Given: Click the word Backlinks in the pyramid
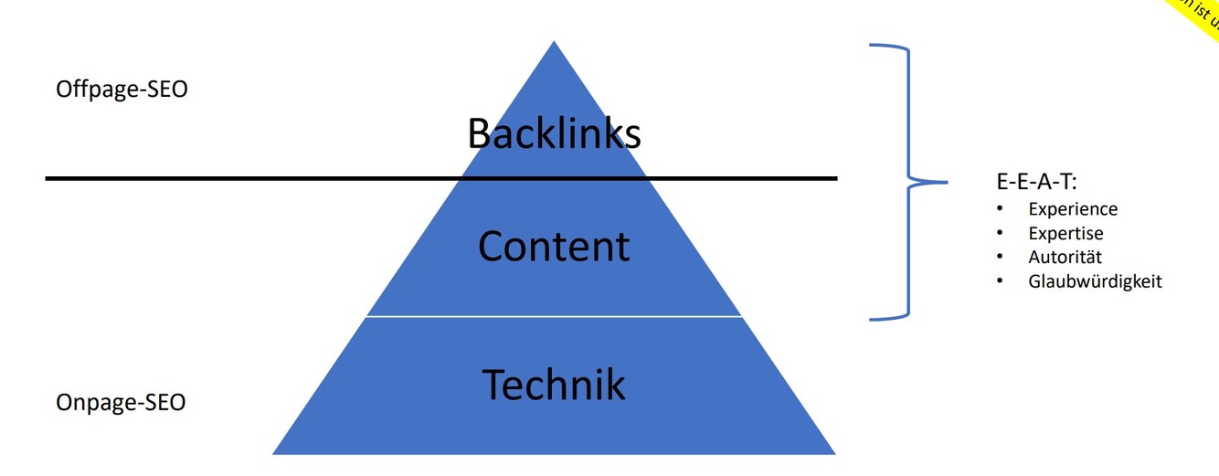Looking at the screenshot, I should pos(554,133).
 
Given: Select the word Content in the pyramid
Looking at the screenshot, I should pos(554,247).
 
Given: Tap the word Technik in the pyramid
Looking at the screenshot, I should pos(554,385).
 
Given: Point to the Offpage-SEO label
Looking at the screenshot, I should pos(122,90).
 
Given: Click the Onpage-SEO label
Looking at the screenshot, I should pos(121,402).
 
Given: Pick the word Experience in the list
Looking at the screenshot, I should pos(1073,209).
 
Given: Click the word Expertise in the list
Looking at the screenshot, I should pos(1065,233).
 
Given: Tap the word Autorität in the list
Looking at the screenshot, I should pos(1065,257).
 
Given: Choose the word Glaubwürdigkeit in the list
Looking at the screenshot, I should pos(1095,281).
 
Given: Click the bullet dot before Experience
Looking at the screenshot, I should pos(1001,208).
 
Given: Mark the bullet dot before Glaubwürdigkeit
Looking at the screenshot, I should pos(1001,280).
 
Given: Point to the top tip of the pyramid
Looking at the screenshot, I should pos(554,42).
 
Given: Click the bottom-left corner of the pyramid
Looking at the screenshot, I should pos(274,453).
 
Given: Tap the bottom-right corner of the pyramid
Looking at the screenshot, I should pos(833,453).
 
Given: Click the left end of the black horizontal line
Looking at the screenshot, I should pos(48,178).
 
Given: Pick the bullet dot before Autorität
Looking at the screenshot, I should pos(1001,256).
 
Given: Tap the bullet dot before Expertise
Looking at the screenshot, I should pos(1001,232).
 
